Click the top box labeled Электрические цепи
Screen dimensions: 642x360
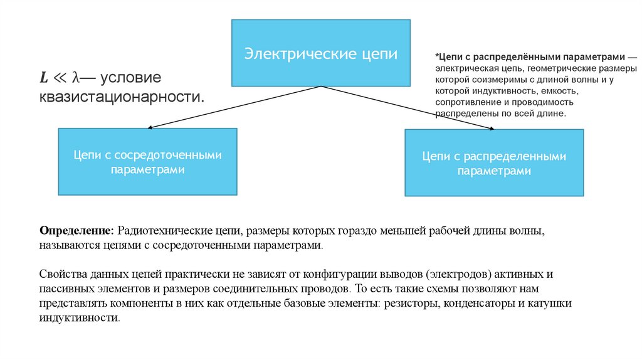coord(320,53)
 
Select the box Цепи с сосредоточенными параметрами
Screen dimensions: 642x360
coord(147,162)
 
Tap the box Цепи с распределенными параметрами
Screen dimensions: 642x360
coord(493,163)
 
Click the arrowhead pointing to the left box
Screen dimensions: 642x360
coord(149,127)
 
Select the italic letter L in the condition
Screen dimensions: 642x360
coord(44,78)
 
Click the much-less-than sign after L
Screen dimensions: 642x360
coord(60,78)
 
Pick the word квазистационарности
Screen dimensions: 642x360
coord(122,97)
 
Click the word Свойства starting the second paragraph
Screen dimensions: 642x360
coord(61,275)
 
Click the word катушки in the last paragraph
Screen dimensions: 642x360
coord(571,304)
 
